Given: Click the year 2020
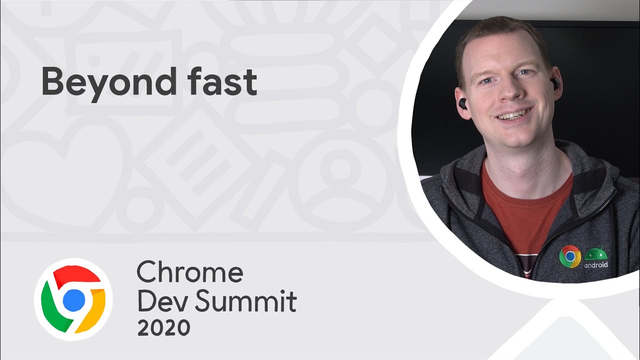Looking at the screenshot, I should pos(163,328).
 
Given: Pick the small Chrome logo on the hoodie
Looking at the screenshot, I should pos(569,256).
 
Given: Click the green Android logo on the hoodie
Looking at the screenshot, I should pos(595,253).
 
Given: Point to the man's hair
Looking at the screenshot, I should pos(500,30).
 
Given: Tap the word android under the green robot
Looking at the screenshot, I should pos(596,264).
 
